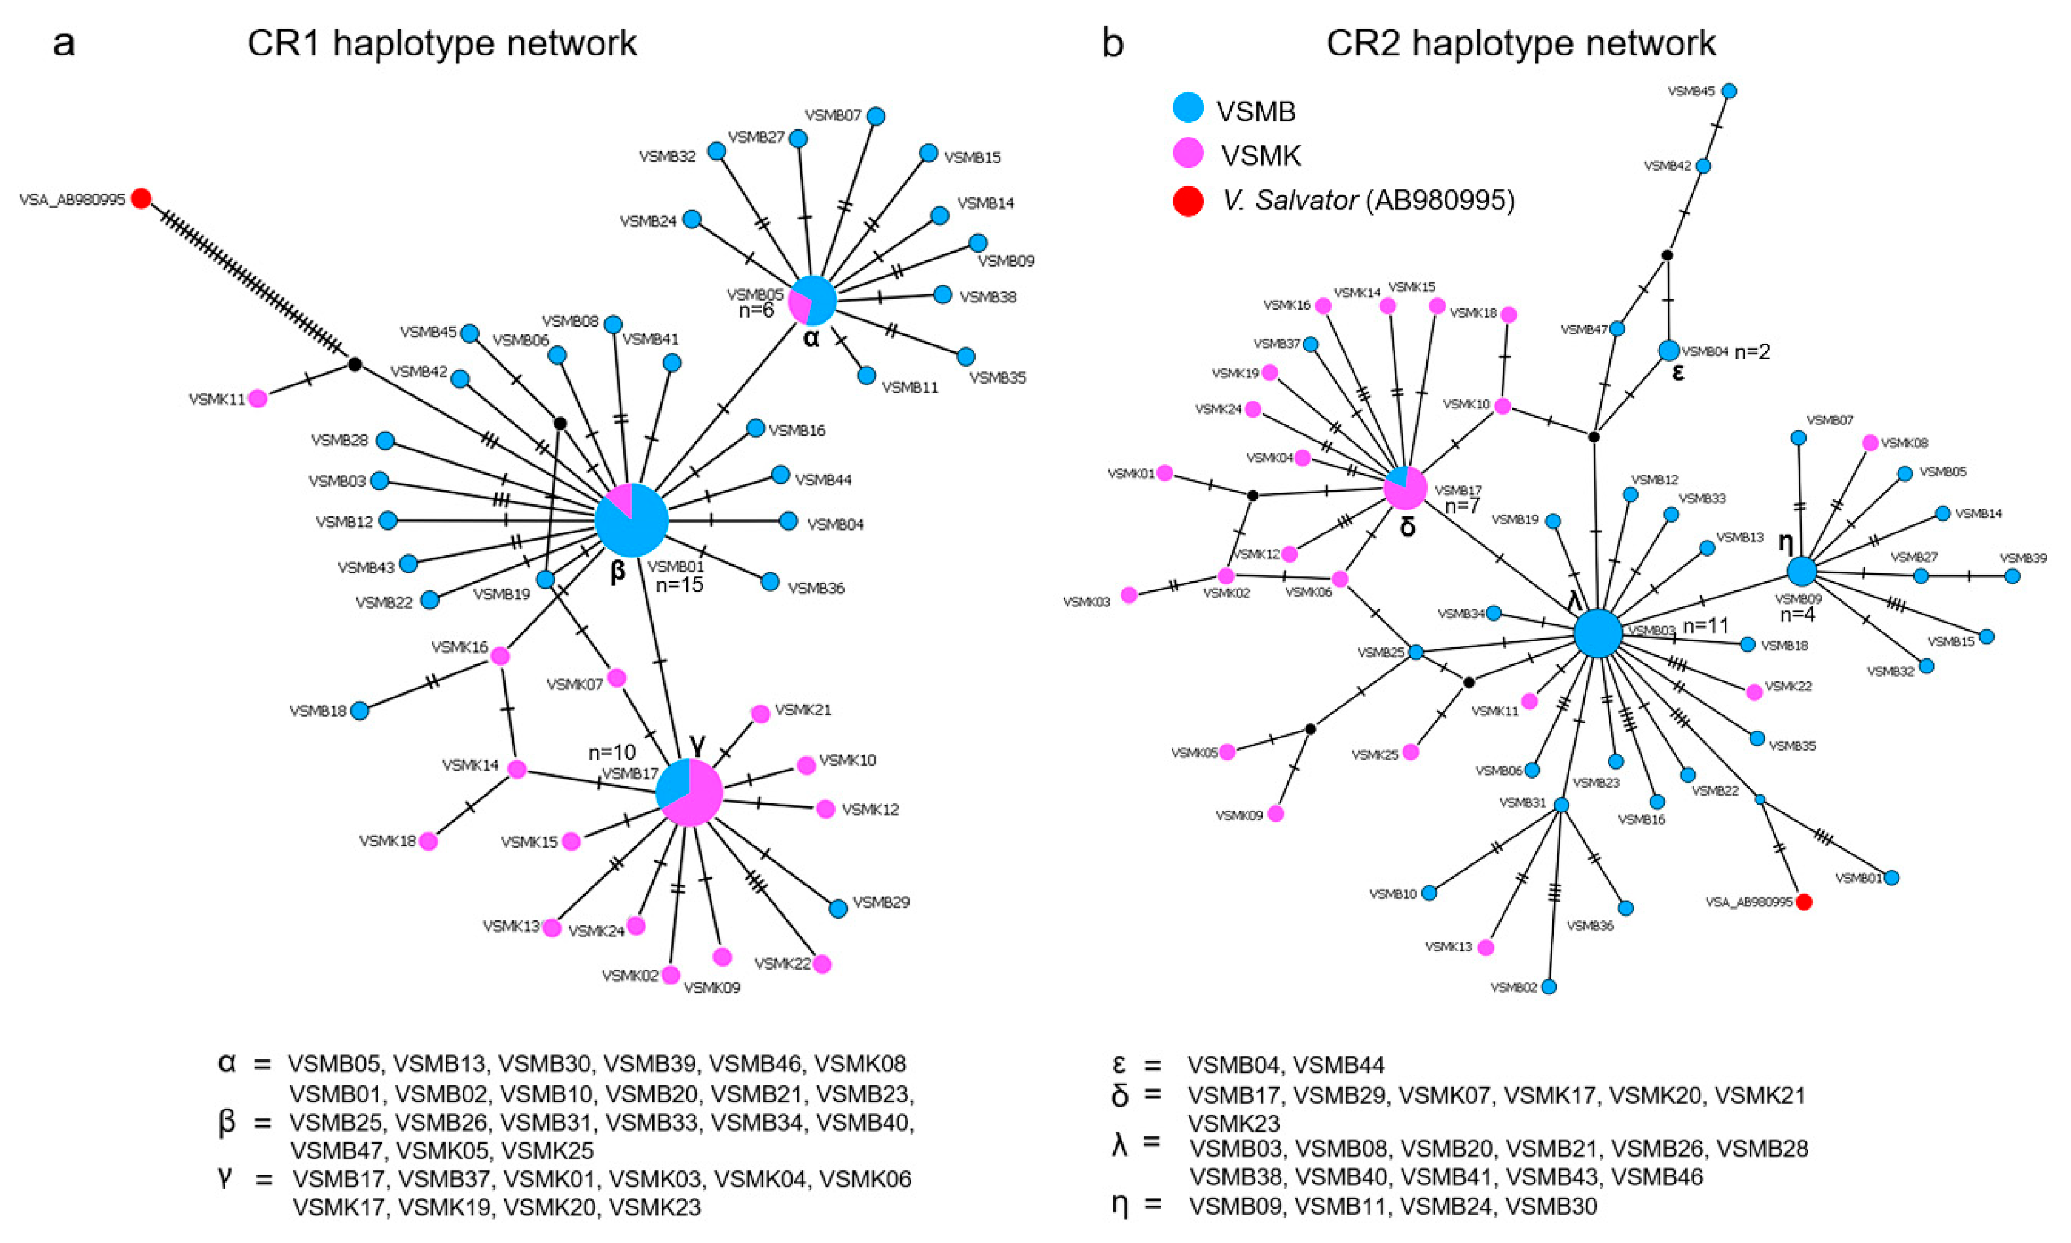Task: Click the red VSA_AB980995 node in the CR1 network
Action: click(141, 198)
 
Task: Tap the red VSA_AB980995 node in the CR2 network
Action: click(1804, 902)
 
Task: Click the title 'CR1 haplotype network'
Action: click(442, 43)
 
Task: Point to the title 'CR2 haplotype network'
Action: click(1521, 43)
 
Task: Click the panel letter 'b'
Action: click(1112, 44)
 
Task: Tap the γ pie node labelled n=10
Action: click(689, 792)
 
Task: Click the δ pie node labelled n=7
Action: click(1404, 488)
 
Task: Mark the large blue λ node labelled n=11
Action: click(1598, 633)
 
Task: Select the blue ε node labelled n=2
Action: click(1669, 350)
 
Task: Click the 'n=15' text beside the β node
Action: click(679, 585)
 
